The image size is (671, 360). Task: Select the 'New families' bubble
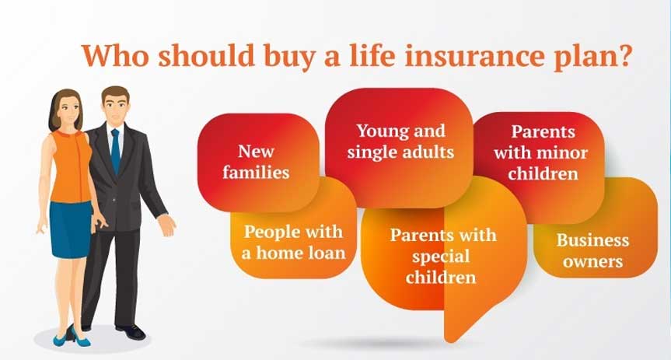(x=256, y=161)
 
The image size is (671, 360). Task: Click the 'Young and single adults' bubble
(x=400, y=141)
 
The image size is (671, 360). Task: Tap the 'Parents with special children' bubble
(x=442, y=255)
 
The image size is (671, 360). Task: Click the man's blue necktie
(x=116, y=151)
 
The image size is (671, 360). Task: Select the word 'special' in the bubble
(x=442, y=255)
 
